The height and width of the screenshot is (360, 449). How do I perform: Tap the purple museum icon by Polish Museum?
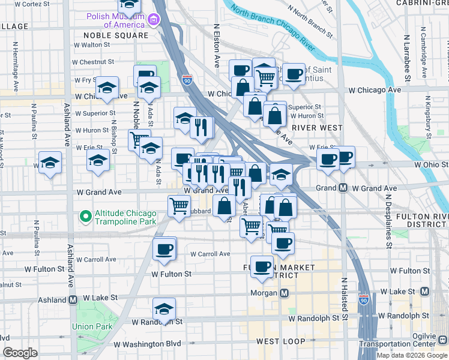[153, 20]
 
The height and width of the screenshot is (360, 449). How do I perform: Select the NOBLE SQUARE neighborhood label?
[111, 35]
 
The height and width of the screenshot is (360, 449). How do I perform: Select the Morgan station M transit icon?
[285, 293]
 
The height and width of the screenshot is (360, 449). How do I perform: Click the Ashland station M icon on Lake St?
[73, 299]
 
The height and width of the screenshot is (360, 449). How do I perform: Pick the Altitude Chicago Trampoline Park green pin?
[86, 215]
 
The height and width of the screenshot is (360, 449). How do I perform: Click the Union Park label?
[92, 326]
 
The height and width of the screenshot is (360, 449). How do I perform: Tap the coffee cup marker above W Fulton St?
[164, 249]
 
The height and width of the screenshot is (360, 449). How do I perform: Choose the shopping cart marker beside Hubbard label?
[179, 206]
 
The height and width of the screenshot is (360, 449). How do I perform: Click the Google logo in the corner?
[20, 353]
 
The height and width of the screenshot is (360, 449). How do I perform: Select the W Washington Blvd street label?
[147, 344]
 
